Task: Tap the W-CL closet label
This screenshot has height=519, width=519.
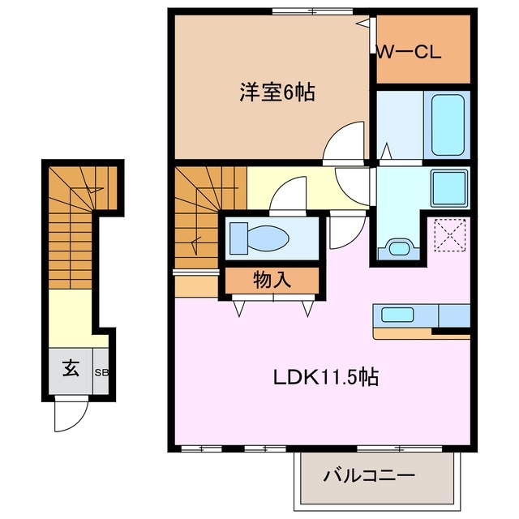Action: tap(408, 54)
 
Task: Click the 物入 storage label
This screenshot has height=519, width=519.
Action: tap(272, 281)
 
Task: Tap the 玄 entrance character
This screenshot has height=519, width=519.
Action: tap(71, 369)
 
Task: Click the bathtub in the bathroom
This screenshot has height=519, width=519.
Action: tap(447, 124)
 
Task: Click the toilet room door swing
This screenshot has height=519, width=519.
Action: tap(286, 195)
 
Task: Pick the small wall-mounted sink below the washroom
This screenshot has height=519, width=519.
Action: tap(397, 247)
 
